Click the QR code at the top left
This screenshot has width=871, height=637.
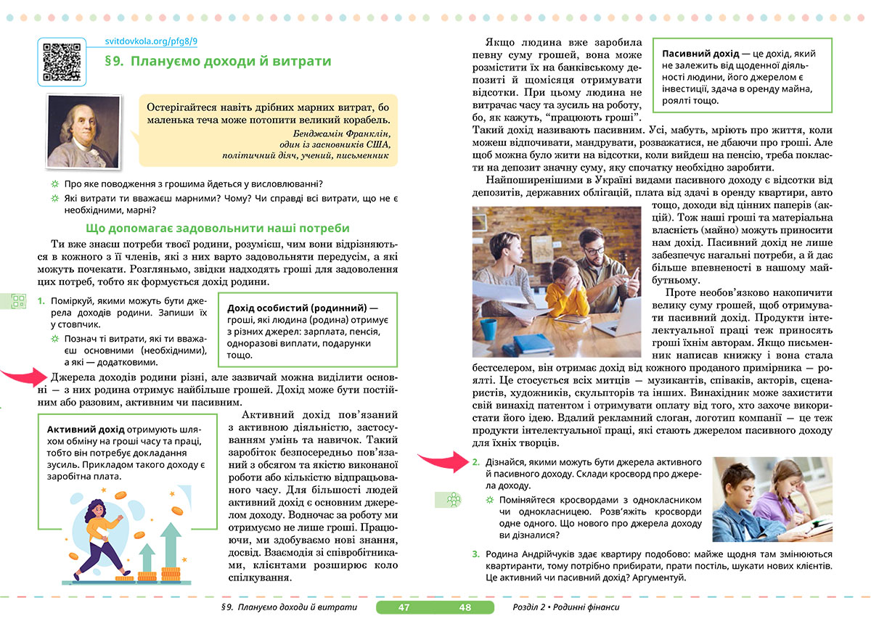tap(61, 62)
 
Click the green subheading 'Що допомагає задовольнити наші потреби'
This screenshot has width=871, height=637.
tap(218, 228)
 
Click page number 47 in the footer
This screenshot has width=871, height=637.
tap(404, 607)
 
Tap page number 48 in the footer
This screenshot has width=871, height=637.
tap(465, 607)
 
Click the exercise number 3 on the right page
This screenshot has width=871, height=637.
tap(475, 554)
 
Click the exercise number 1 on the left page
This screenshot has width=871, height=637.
tap(41, 300)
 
